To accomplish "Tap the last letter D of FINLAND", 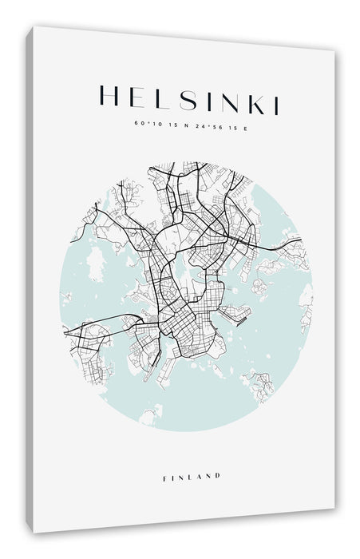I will coord(217,477).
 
